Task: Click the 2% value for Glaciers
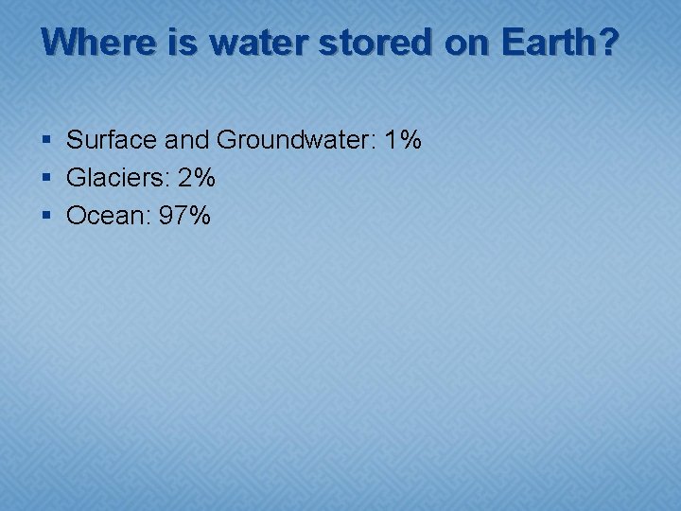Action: coord(197,178)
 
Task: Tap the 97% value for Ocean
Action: coord(184,216)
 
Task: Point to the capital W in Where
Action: coord(60,43)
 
